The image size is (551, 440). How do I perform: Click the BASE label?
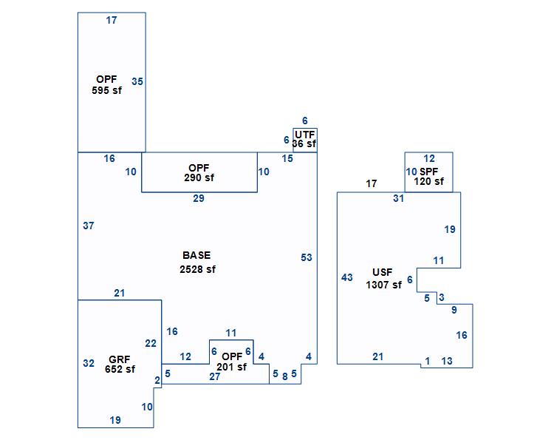click(x=196, y=256)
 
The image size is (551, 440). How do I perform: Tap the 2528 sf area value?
click(x=197, y=269)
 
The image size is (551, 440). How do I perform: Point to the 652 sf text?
click(x=120, y=369)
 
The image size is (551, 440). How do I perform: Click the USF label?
click(x=383, y=272)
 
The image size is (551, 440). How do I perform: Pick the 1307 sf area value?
click(x=383, y=285)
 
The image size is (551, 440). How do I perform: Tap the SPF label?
click(x=429, y=172)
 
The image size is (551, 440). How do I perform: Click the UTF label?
click(x=304, y=135)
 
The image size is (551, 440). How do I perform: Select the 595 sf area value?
click(x=106, y=90)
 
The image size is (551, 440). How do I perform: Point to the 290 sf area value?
click(x=199, y=177)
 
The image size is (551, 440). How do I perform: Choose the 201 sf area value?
click(x=231, y=368)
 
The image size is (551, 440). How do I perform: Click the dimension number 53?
click(x=307, y=257)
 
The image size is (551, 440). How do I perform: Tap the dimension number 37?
click(x=88, y=226)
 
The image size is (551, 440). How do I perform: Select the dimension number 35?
click(x=137, y=81)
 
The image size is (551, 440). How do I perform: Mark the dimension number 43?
click(x=347, y=277)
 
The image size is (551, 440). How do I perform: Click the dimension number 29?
click(x=199, y=198)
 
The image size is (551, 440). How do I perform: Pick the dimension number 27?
click(x=215, y=376)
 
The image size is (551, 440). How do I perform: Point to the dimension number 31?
click(x=399, y=198)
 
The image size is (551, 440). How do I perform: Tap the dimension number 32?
click(x=89, y=363)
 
